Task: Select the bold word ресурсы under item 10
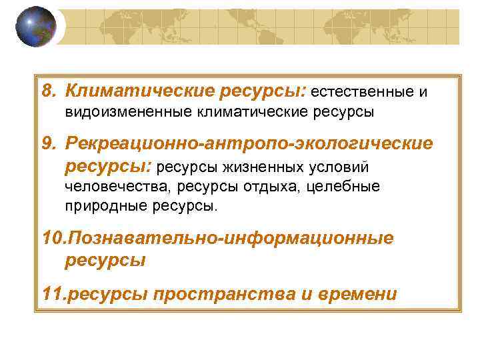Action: coord(105,260)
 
